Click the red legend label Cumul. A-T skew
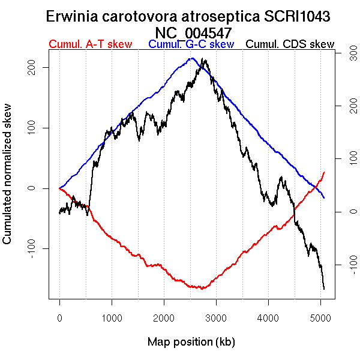click(x=89, y=44)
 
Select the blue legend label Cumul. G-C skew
click(x=191, y=44)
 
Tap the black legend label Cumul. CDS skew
click(x=290, y=44)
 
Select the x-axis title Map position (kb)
click(x=191, y=342)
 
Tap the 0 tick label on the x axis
click(x=59, y=316)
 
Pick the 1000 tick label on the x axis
click(x=112, y=316)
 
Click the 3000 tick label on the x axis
click(x=216, y=316)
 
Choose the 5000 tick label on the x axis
click(x=320, y=316)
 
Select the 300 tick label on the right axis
click(x=346, y=54)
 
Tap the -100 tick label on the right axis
click(x=346, y=264)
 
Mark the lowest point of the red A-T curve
click(x=203, y=289)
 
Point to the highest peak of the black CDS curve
click(x=205, y=59)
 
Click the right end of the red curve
click(x=324, y=172)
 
